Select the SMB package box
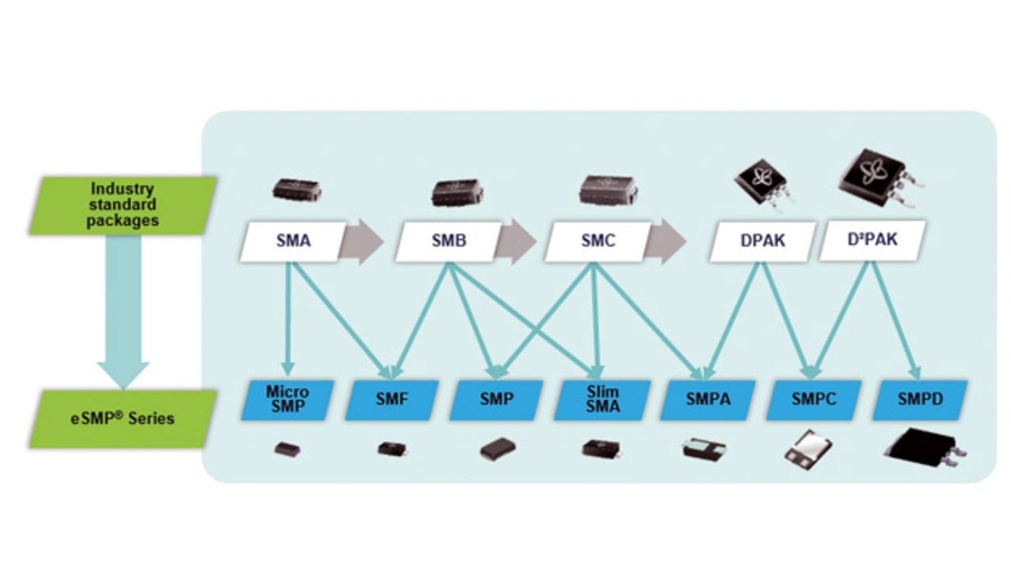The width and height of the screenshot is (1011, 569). point(449,241)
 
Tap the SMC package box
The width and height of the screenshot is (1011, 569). point(598,241)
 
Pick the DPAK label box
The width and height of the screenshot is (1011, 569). point(761,241)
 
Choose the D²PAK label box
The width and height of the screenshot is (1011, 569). point(872,241)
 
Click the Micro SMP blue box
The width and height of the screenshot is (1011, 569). point(288,399)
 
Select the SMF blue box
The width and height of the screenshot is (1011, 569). point(392,399)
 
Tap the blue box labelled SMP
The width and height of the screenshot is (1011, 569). point(496,399)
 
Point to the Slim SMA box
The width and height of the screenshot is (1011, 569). point(603,399)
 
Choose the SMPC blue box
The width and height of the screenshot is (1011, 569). point(814,399)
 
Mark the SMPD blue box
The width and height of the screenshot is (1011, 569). point(919,399)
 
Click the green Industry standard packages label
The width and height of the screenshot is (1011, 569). point(123,205)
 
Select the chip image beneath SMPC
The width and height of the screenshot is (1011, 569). point(807,447)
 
